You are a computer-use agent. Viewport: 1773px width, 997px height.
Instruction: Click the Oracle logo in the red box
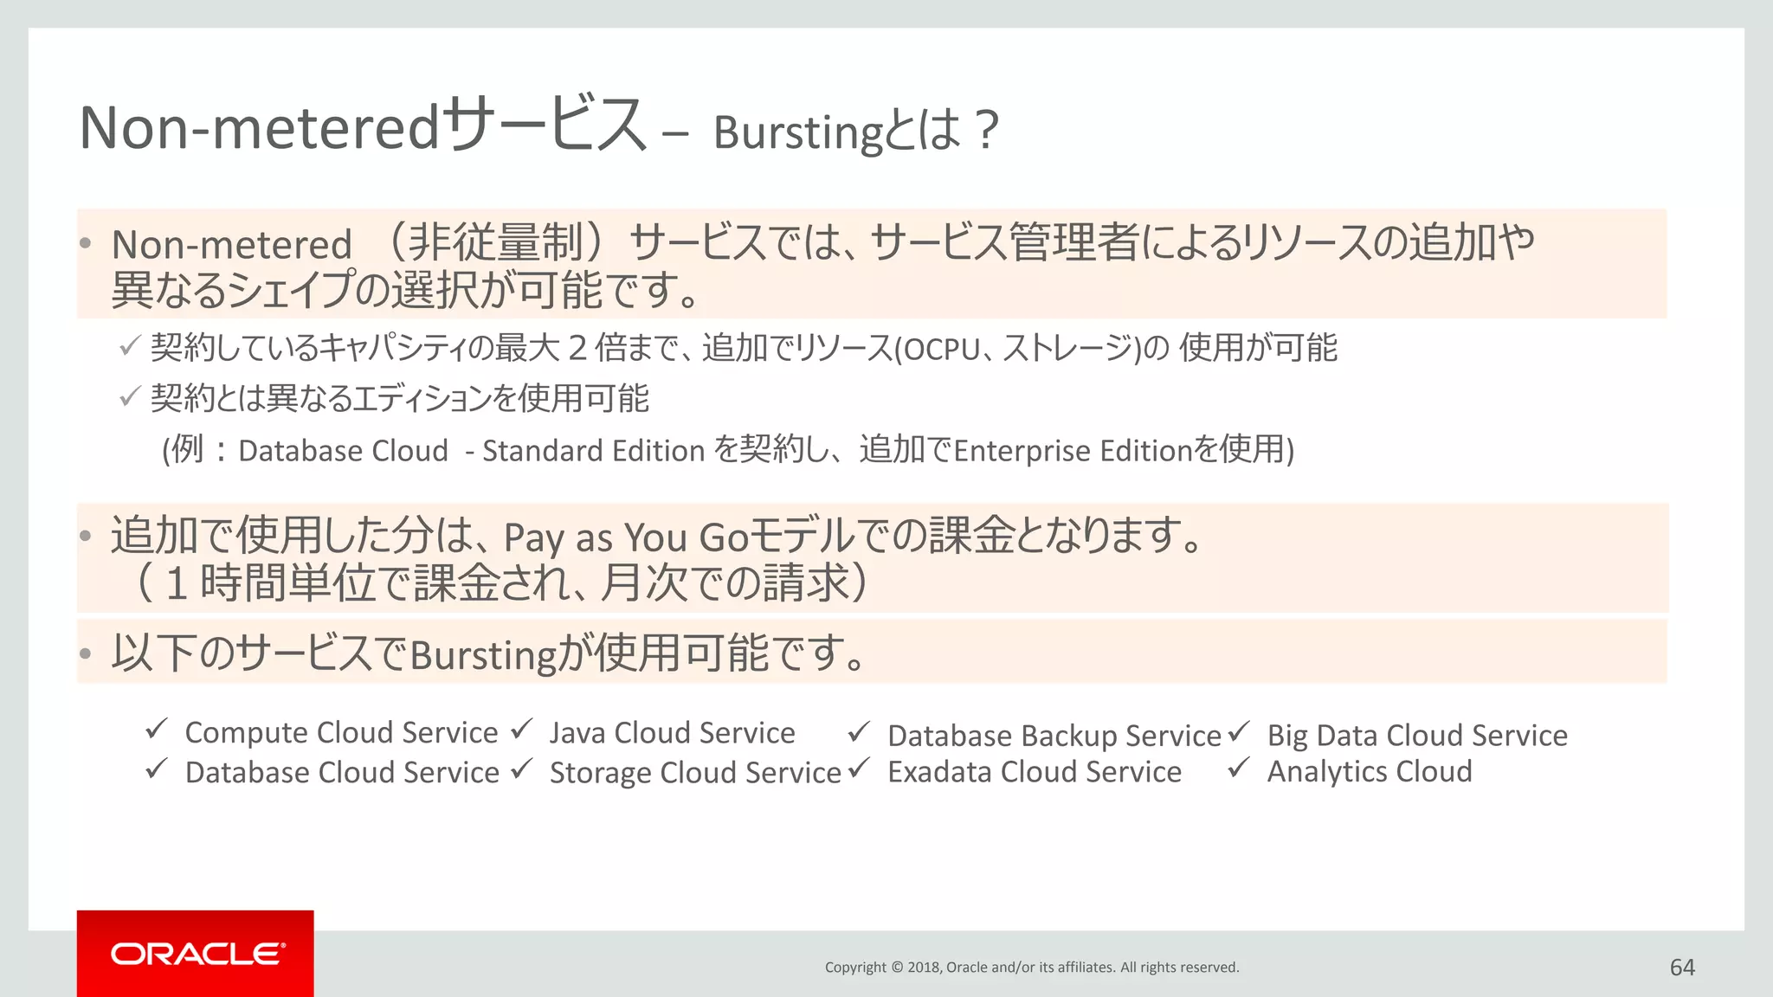pyautogui.click(x=197, y=954)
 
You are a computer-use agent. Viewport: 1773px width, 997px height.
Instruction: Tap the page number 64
pyautogui.click(x=1682, y=968)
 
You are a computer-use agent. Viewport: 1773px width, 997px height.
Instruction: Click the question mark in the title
pyautogui.click(x=986, y=131)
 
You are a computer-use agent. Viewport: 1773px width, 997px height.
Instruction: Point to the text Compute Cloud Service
pyautogui.click(x=341, y=733)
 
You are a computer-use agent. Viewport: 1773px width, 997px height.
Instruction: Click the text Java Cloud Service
pyautogui.click(x=672, y=733)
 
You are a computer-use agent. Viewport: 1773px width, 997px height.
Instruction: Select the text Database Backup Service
pyautogui.click(x=1054, y=736)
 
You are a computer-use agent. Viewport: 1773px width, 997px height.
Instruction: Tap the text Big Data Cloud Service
pyautogui.click(x=1417, y=736)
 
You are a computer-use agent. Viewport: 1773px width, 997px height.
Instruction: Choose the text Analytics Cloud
pyautogui.click(x=1369, y=771)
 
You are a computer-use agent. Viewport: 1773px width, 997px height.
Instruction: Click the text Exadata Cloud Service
pyautogui.click(x=1034, y=771)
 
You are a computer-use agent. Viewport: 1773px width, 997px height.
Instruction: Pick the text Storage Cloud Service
pyautogui.click(x=695, y=772)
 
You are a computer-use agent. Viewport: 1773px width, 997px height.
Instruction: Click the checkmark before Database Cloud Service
pyautogui.click(x=157, y=769)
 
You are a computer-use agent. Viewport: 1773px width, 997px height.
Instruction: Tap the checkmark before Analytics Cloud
pyautogui.click(x=1239, y=768)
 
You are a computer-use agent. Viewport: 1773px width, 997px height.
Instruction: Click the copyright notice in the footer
pyautogui.click(x=1031, y=968)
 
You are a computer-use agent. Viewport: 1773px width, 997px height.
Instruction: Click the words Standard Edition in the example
pyautogui.click(x=593, y=451)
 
